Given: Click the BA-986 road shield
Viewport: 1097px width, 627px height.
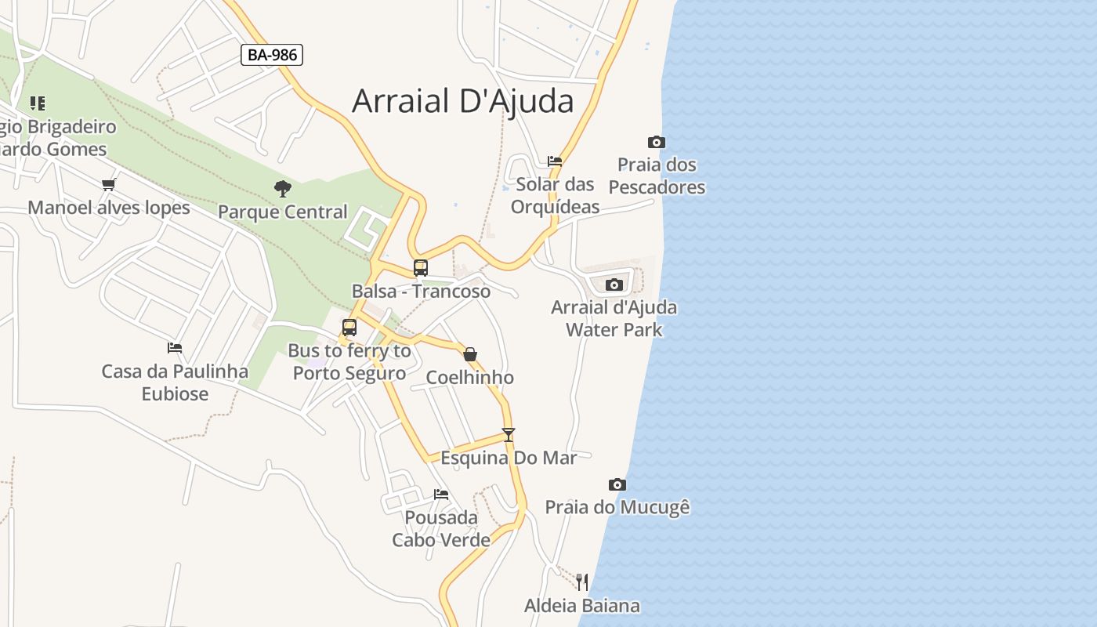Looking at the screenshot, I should pos(271,55).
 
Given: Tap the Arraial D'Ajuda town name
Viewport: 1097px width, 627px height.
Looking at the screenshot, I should pos(462,101).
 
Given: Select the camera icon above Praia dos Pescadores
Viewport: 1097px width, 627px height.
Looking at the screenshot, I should pos(657,142).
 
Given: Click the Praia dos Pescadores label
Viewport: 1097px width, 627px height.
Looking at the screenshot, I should pos(657,176).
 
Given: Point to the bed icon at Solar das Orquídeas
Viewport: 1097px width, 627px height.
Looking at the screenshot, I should pos(555,161).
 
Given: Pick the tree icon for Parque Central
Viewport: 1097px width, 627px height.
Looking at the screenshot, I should pos(283,189).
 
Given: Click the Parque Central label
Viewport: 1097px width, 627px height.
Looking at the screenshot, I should pos(282,212).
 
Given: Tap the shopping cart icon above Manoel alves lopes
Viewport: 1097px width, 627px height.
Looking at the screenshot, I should pos(109,185).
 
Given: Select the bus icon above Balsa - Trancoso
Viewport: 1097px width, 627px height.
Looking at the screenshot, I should pos(421,268).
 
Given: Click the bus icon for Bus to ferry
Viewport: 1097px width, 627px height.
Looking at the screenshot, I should pos(349,328).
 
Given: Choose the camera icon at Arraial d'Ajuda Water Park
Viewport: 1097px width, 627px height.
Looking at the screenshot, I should pos(614,285).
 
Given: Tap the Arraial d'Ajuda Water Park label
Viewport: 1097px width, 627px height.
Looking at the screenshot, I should pos(614,318).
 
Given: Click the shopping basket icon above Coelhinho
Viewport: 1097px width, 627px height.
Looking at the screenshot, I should pos(470,355).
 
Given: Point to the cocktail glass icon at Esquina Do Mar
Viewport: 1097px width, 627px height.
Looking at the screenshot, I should pos(509,435).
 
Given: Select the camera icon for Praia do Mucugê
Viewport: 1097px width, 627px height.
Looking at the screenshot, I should pos(617,485).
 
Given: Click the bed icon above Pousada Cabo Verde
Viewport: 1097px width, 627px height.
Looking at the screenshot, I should pos(441,495).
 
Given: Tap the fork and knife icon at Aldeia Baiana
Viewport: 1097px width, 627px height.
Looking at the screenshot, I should pos(581,582).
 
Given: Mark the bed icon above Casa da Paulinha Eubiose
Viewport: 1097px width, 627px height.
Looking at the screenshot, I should pos(175,348).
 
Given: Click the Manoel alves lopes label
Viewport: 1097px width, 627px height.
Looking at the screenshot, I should pos(109,208).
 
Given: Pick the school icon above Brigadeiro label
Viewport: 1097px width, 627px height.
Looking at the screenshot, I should pos(37,103).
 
